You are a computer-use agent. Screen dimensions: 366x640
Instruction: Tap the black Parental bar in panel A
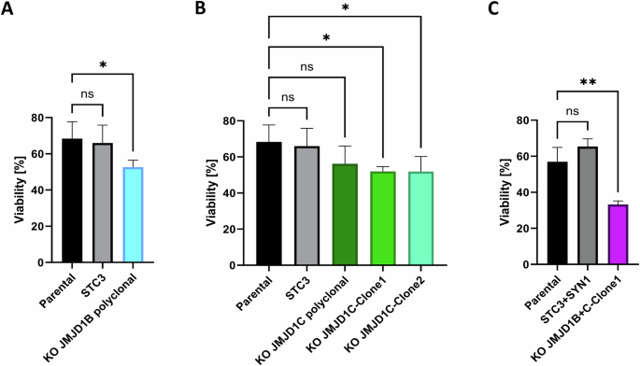(71, 200)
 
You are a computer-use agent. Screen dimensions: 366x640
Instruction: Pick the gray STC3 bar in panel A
(103, 203)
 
